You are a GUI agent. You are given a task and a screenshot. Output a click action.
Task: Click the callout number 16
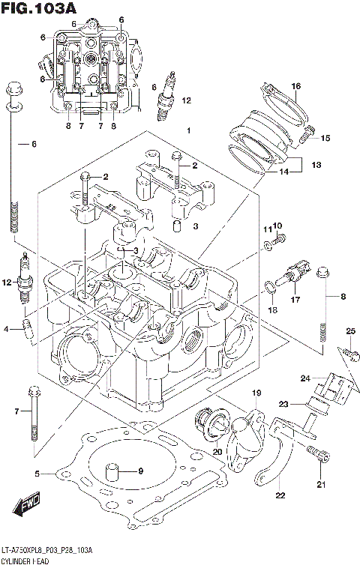pos(295,88)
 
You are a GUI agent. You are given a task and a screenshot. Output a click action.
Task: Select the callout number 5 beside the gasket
pos(36,473)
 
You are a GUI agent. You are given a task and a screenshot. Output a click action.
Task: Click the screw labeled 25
pos(346,350)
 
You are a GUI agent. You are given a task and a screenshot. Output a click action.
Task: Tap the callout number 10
pos(277,226)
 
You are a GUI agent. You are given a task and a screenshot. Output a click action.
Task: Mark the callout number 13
pos(316,163)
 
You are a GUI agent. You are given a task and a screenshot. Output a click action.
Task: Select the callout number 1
pos(189,131)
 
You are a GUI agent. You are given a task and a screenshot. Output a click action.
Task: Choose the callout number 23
pos(284,404)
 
